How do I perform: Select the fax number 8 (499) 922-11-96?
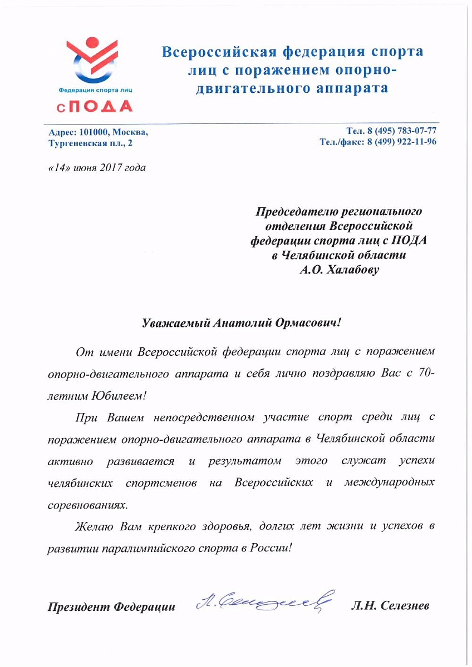click(401, 142)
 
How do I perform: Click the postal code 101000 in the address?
click(95, 133)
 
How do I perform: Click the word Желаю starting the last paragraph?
click(95, 526)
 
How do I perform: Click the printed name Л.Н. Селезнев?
click(390, 605)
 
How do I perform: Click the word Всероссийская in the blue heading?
click(219, 52)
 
